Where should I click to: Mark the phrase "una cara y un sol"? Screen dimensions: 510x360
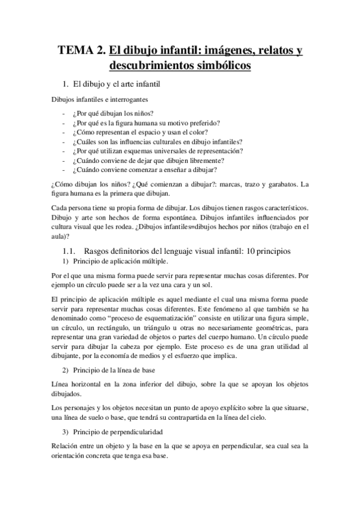point(168,285)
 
